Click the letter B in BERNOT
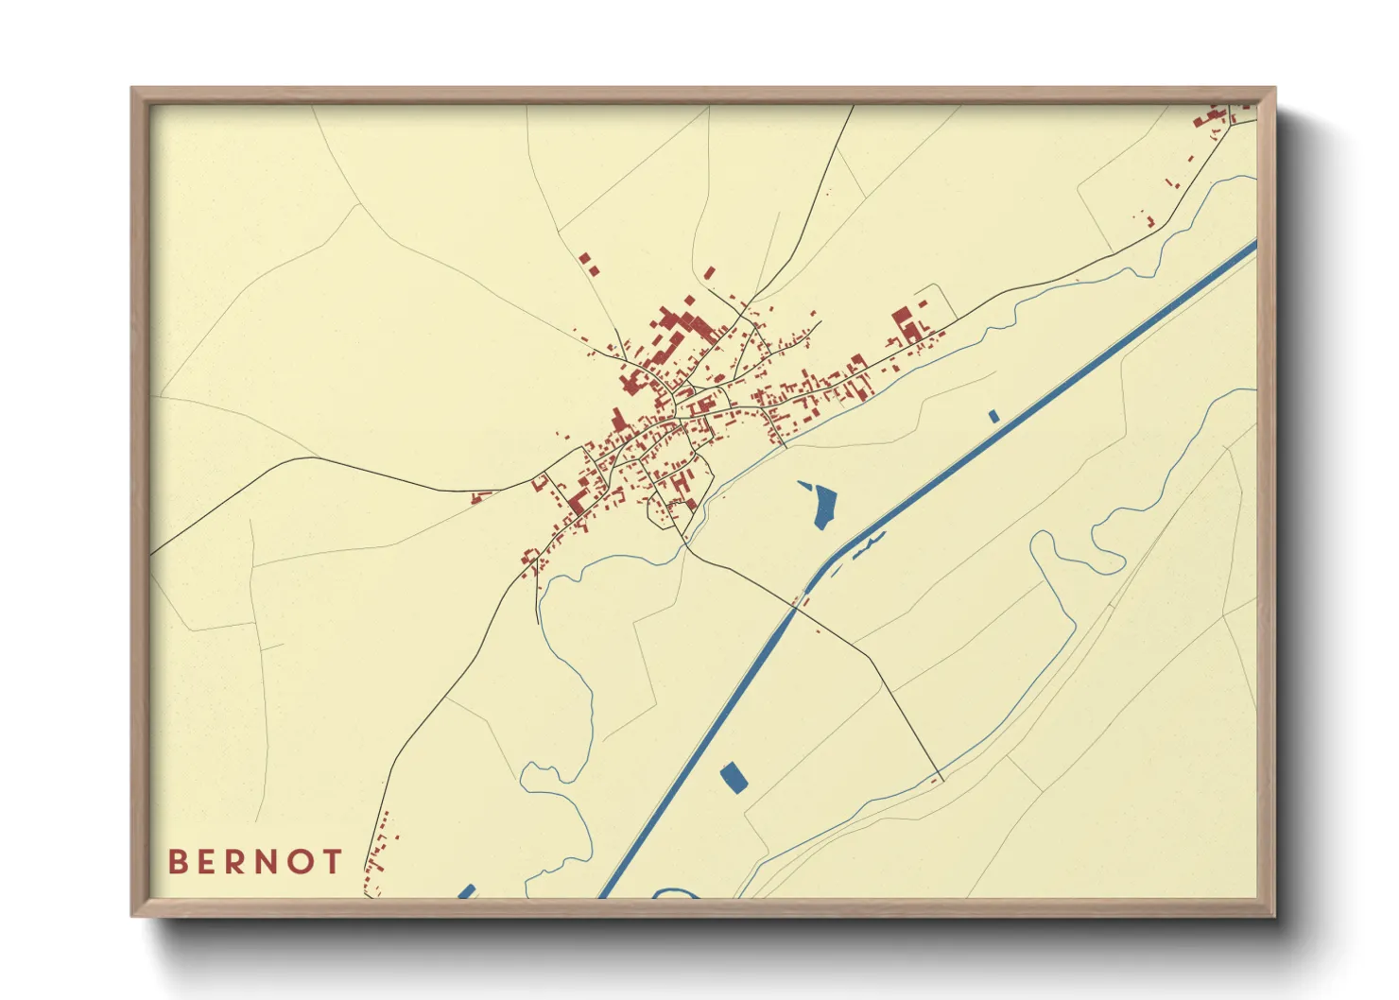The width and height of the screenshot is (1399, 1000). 177,861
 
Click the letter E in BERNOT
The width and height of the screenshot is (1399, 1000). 207,861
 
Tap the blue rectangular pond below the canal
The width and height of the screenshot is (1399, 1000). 734,778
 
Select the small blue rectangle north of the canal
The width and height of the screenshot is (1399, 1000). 993,416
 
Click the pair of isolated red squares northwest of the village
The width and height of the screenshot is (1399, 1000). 589,263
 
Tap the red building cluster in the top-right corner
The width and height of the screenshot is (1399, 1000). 1215,118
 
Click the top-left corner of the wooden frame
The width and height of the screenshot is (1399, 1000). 133,90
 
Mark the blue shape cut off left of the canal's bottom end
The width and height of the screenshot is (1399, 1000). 465,891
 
